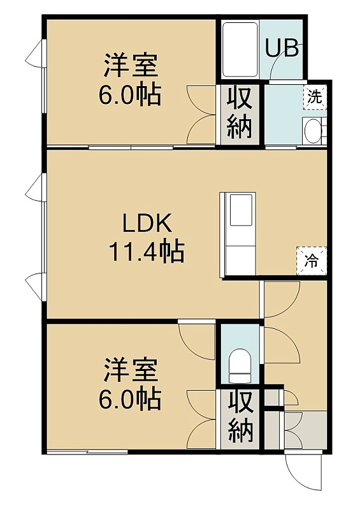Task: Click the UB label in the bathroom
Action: click(282, 48)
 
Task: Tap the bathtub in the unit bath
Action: click(240, 50)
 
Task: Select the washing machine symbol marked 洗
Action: click(315, 97)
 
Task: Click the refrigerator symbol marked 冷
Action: click(312, 261)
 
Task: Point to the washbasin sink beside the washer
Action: click(313, 130)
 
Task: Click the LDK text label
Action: click(147, 223)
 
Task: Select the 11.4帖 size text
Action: click(147, 251)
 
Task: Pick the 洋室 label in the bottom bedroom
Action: click(131, 370)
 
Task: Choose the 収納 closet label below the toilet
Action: click(240, 418)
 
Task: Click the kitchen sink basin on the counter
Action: click(241, 210)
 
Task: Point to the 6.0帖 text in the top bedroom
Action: click(130, 94)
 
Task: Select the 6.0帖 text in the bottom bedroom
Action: click(130, 399)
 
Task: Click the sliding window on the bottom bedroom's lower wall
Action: click(87, 452)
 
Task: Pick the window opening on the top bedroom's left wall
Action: click(44, 76)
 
